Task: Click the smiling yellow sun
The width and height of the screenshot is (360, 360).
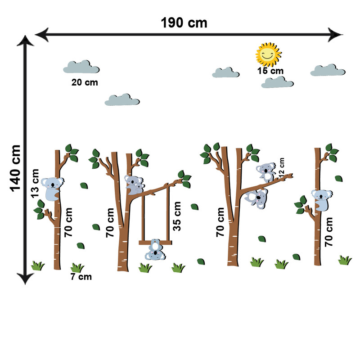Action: pyautogui.click(x=268, y=54)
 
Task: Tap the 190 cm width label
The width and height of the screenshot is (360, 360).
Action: pyautogui.click(x=184, y=23)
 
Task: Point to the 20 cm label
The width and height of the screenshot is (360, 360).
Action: pyautogui.click(x=85, y=82)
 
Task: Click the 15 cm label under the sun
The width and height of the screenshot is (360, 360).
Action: pyautogui.click(x=270, y=71)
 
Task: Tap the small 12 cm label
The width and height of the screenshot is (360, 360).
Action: pyautogui.click(x=282, y=166)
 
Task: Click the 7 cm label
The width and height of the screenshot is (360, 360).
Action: pyautogui.click(x=81, y=277)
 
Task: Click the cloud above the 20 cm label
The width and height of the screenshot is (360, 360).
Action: pyautogui.click(x=81, y=67)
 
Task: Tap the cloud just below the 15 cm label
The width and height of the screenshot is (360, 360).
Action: pyautogui.click(x=277, y=82)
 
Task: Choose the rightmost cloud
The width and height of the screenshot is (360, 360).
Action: pyautogui.click(x=328, y=70)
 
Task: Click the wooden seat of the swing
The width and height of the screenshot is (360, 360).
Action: pyautogui.click(x=155, y=243)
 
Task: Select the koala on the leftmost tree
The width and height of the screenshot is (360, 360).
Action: pyautogui.click(x=53, y=188)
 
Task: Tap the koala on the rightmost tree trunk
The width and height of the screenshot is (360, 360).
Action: pyautogui.click(x=321, y=199)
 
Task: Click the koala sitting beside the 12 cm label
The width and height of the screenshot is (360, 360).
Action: pyautogui.click(x=267, y=171)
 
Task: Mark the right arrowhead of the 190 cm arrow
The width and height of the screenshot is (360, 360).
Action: pyautogui.click(x=335, y=33)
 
